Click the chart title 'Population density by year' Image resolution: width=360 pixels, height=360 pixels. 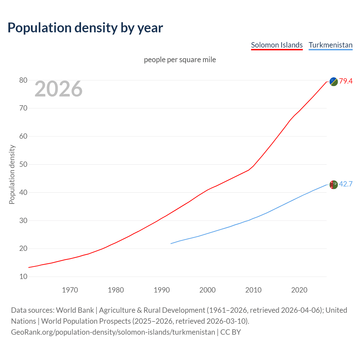85,28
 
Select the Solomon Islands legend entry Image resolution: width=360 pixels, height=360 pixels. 277,45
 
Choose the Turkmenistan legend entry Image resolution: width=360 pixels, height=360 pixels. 330,45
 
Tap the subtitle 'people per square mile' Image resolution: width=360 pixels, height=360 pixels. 180,60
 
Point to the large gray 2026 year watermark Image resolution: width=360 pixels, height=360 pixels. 58,89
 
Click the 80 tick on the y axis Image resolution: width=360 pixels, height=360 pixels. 23,80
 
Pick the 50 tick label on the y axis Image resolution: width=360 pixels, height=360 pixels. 23,165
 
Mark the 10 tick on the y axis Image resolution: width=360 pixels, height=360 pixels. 23,277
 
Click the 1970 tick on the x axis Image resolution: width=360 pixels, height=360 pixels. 70,290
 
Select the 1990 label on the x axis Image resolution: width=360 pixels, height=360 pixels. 162,290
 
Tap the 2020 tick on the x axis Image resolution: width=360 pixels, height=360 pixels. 299,290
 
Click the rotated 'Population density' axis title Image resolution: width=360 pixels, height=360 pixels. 12,174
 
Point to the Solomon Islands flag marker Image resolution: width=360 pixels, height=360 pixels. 334,82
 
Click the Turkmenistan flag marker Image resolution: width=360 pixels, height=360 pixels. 334,185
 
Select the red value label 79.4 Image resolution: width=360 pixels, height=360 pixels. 346,81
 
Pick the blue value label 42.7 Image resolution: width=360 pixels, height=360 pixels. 346,184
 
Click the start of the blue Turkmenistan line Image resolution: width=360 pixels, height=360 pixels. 171,244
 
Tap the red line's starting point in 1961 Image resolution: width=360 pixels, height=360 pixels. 29,267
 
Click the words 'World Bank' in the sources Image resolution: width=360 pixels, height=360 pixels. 75,310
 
